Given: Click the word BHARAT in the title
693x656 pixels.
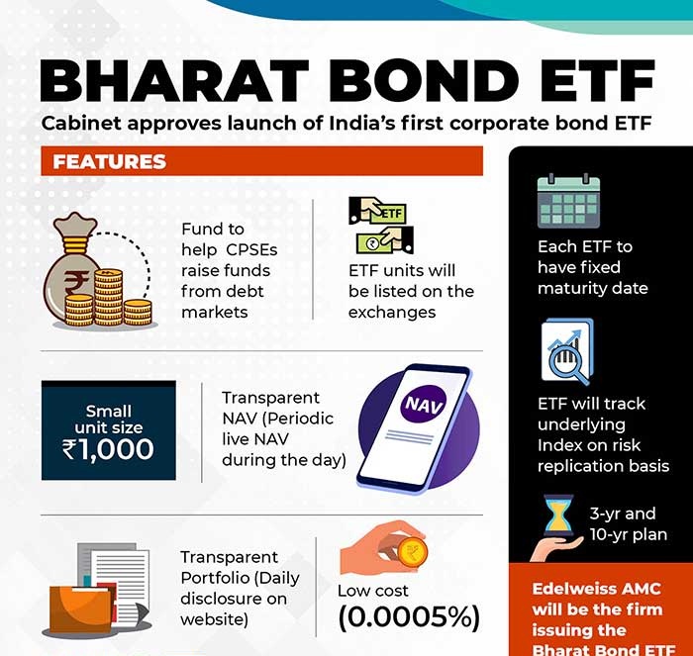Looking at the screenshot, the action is click(x=174, y=81).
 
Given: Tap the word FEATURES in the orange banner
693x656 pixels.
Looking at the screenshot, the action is click(x=110, y=161).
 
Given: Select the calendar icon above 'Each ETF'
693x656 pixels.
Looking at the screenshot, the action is click(x=568, y=201).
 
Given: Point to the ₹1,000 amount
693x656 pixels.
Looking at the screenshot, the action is click(x=108, y=449).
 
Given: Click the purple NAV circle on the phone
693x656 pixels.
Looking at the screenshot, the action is click(x=424, y=404).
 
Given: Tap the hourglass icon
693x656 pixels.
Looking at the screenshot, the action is click(x=558, y=515).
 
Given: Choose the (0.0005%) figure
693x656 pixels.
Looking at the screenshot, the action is click(x=409, y=616).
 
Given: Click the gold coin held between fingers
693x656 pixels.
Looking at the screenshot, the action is click(x=413, y=552).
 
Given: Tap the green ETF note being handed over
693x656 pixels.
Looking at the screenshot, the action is click(x=388, y=214).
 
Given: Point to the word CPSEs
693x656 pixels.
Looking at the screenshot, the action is click(x=251, y=250).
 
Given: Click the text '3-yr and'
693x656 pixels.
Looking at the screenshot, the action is click(x=623, y=514).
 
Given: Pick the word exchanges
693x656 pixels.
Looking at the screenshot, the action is click(x=392, y=313).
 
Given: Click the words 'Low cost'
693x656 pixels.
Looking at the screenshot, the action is click(x=373, y=591).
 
